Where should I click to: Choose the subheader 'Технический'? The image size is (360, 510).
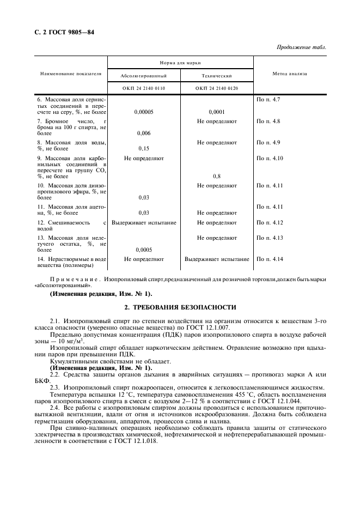pyautogui.click(x=217, y=76)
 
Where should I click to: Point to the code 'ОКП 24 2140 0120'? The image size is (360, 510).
pyautogui.click(x=217, y=88)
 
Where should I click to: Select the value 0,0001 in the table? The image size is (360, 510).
pyautogui.click(x=217, y=112)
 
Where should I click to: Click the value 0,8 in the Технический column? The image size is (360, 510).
pyautogui.click(x=217, y=177)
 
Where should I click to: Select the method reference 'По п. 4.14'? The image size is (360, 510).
pyautogui.click(x=269, y=259)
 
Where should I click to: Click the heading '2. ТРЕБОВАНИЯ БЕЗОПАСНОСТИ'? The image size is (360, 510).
pyautogui.click(x=180, y=307)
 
